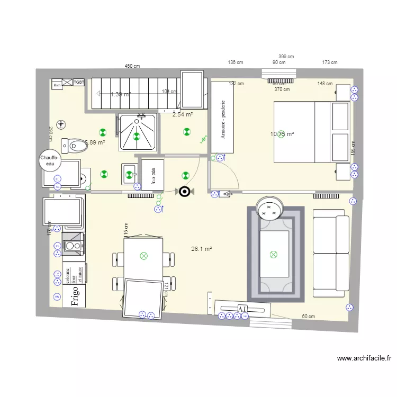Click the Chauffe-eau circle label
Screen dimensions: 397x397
pyautogui.click(x=51, y=160)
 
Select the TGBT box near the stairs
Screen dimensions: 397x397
pyautogui.click(x=79, y=82)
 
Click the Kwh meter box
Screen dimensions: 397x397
pyautogui.click(x=57, y=83)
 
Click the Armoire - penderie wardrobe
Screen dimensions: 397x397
pyautogui.click(x=223, y=117)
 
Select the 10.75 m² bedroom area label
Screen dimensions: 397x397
pyautogui.click(x=282, y=134)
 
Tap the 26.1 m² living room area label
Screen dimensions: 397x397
pyautogui.click(x=202, y=249)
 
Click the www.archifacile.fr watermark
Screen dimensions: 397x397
pyautogui.click(x=364, y=358)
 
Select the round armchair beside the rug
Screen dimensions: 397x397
pyautogui.click(x=269, y=209)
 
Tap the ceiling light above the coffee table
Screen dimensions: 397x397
pyautogui.click(x=274, y=255)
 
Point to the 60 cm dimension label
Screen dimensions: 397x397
pyautogui.click(x=308, y=317)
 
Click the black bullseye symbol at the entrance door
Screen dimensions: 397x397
pyautogui.click(x=184, y=192)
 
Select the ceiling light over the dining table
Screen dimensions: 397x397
pyautogui.click(x=143, y=256)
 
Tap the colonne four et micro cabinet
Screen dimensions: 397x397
pyautogui.click(x=74, y=273)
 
